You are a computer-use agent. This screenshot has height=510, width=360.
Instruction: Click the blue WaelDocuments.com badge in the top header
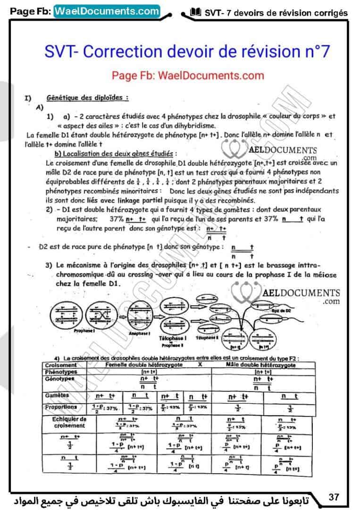pos(107,10)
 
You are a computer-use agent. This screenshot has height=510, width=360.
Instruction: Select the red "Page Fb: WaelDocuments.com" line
pos(188,75)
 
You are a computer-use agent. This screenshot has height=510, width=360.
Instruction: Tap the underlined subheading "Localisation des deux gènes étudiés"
pos(116,153)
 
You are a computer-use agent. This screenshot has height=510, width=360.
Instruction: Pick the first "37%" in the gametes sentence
pos(116,219)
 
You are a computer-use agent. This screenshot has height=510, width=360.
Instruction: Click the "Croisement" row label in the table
pos(60,365)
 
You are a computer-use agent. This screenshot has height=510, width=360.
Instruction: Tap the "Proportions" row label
pos(61,407)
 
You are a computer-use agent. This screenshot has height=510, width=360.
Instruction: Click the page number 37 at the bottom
pos(334,497)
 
